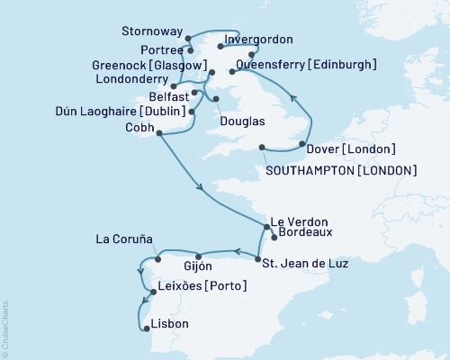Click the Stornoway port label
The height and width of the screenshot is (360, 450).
pos(150,31)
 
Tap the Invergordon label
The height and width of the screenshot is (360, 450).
pos(259,39)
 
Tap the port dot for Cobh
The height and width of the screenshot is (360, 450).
pos(159,134)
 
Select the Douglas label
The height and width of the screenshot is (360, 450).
pos(239,119)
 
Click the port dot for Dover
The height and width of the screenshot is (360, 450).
pos(301,144)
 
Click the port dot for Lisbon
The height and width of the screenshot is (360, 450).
pos(147,328)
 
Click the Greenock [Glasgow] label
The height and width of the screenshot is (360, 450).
pos(147,64)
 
